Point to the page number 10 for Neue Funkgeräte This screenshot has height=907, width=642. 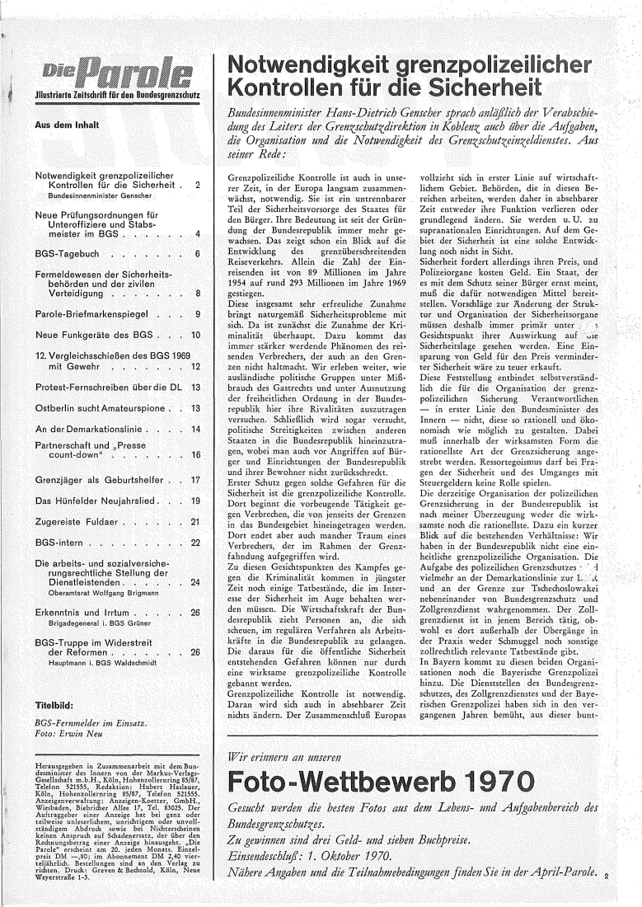point(196,336)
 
